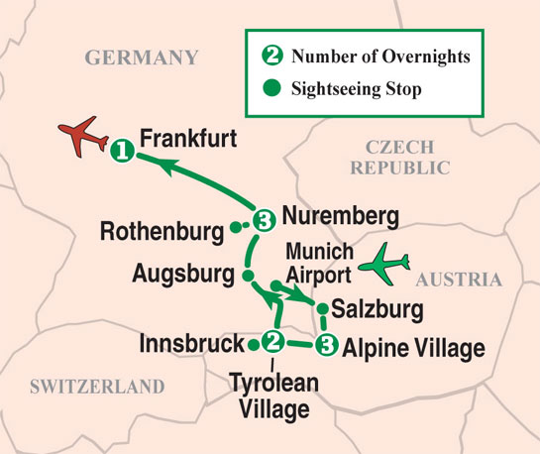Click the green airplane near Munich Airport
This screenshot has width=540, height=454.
384,265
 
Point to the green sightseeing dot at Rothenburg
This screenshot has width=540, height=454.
235,228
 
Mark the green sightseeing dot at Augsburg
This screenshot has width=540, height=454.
247,273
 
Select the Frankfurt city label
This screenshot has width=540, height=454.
189,139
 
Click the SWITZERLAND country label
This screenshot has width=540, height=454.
96,386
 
